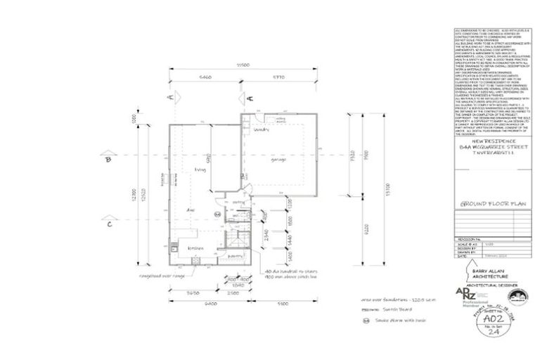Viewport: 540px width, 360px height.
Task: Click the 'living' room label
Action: click(x=200, y=169)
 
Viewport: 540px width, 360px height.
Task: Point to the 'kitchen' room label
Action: click(x=194, y=248)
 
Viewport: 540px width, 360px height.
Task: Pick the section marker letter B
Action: click(x=108, y=160)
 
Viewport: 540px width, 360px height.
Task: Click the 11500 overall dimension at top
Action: click(x=243, y=65)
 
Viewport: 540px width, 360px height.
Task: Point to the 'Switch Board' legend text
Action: click(x=395, y=309)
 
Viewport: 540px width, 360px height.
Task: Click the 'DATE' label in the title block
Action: click(x=461, y=257)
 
